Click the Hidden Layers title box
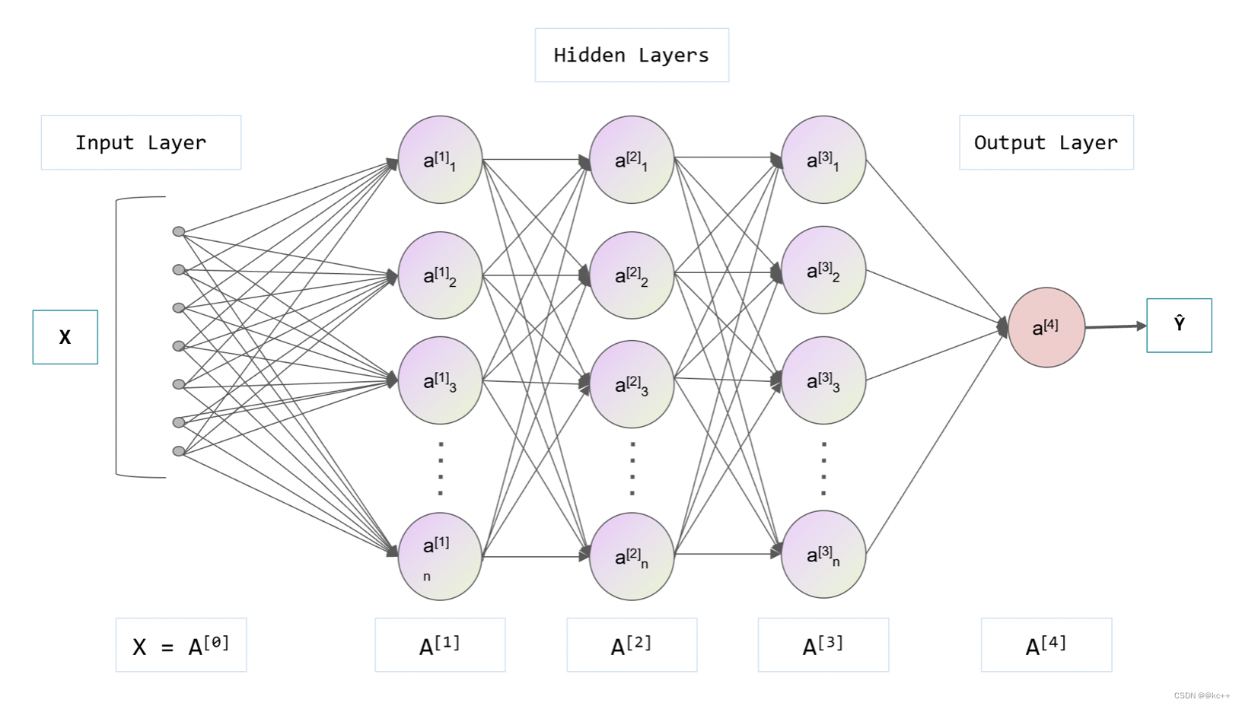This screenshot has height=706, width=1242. point(632,55)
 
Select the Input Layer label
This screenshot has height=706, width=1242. point(141,142)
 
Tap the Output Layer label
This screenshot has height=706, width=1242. point(1046,142)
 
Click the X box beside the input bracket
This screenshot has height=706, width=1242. point(65,337)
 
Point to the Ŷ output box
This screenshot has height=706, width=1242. point(1179,325)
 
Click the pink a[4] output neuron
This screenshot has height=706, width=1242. point(1046,328)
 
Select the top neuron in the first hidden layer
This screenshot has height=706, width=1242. point(440,160)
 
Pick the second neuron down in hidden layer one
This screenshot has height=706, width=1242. point(440,275)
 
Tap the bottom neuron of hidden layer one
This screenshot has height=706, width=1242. point(440,556)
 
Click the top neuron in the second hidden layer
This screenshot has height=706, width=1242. point(632,160)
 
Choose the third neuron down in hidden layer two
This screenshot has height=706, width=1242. point(632,384)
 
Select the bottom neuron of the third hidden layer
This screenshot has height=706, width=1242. point(823,555)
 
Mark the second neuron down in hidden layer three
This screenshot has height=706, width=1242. point(823,270)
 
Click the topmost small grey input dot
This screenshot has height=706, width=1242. point(179,231)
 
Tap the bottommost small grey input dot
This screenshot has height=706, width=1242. point(179,451)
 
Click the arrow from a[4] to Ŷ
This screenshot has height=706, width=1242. point(1115,327)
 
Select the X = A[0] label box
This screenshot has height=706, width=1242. point(181,645)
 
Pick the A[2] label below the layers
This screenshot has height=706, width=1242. point(632,645)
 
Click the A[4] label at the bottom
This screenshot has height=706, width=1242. point(1046,645)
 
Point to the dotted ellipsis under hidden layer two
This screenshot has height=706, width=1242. point(632,468)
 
